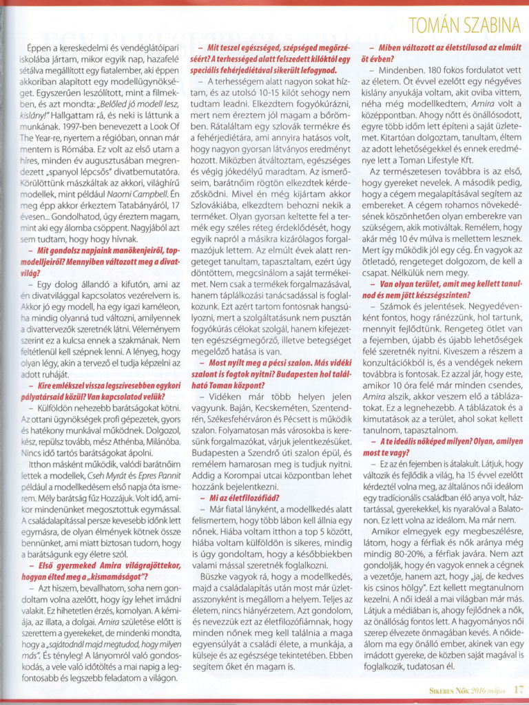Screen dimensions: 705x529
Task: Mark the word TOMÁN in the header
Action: (431, 25)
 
